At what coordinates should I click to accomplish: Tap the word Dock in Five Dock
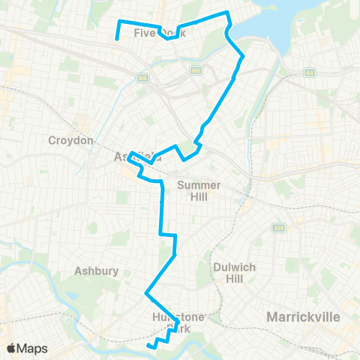(172, 34)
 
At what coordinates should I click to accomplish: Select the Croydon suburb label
(70, 140)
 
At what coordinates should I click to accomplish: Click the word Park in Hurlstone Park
(178, 328)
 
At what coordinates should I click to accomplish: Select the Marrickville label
(304, 317)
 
